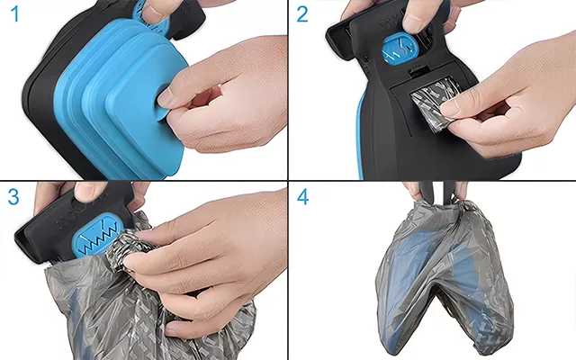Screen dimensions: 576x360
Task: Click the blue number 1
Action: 14,14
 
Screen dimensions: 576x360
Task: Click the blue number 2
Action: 302,14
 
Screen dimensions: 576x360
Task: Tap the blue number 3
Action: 13,197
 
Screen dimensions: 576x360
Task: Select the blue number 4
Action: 302,197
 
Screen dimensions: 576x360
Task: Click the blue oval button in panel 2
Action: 399,49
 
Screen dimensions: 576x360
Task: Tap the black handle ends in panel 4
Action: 437,192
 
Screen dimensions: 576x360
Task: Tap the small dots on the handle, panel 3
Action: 63,221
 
